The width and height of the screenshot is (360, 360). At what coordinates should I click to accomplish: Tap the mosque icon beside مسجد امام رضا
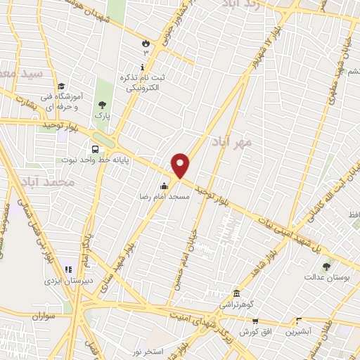click(164, 186)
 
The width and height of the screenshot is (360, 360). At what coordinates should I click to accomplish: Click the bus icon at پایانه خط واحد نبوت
click(94, 148)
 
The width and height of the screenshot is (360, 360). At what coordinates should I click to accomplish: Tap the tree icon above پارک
click(103, 104)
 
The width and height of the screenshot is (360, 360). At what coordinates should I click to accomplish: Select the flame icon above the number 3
click(146, 42)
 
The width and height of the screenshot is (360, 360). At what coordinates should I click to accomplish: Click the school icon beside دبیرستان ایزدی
click(68, 269)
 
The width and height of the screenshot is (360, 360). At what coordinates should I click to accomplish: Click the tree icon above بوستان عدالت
click(326, 266)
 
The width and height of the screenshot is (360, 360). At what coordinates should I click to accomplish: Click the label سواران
click(43, 317)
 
